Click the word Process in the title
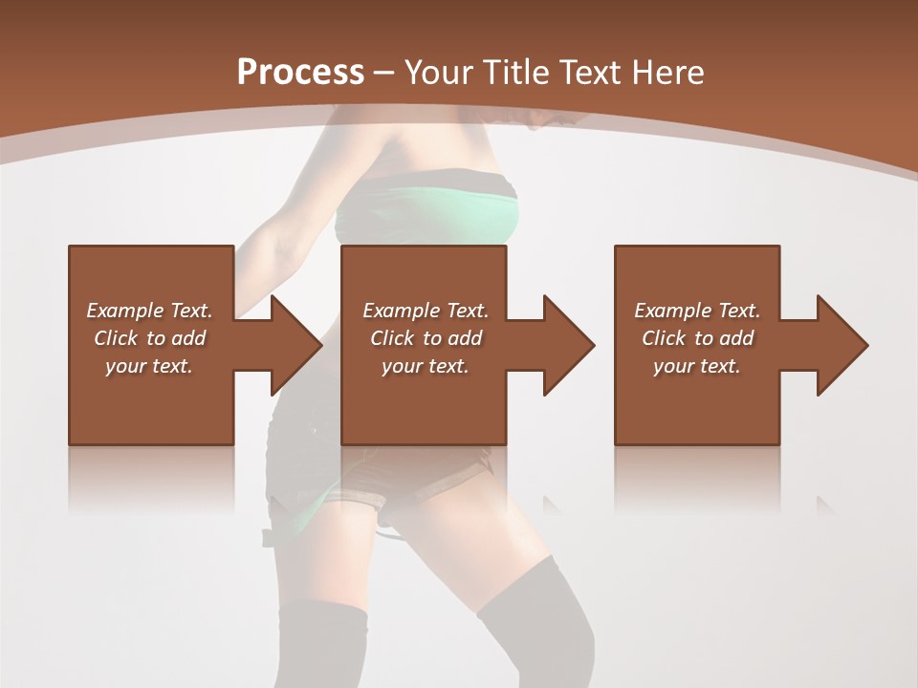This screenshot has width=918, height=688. click(300, 73)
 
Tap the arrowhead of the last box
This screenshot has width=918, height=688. click(844, 345)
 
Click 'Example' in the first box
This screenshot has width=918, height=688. click(125, 311)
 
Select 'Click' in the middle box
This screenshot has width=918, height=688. click(390, 338)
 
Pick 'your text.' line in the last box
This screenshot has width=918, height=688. click(697, 366)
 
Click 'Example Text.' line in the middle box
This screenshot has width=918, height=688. click(426, 311)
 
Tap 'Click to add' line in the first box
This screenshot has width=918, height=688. click(150, 338)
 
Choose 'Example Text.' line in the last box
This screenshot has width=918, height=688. click(697, 311)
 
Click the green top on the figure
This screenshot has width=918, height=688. click(430, 215)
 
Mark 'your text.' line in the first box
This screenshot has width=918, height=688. click(149, 366)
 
